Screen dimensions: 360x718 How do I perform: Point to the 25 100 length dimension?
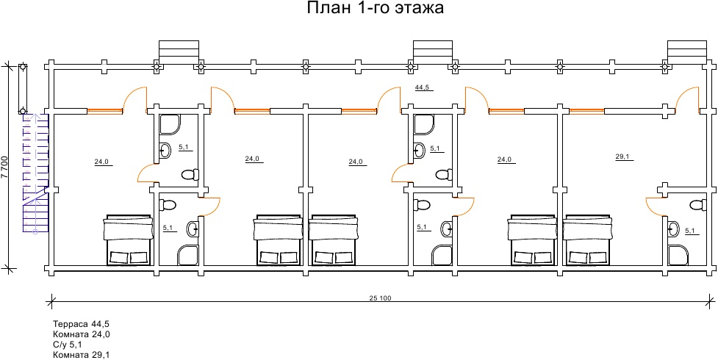[x=379, y=298]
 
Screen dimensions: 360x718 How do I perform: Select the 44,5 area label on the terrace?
[x=423, y=87]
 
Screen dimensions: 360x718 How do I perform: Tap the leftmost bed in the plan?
[x=129, y=240]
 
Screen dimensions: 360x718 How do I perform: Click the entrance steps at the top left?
[x=178, y=51]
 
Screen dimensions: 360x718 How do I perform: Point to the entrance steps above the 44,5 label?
[x=433, y=51]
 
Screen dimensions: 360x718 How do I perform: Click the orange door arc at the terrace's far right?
[x=687, y=97]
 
